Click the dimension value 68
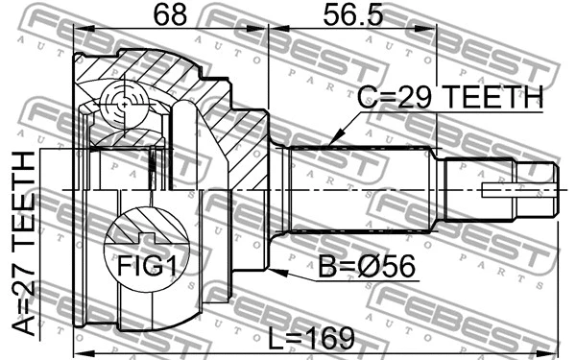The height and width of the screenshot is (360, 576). (x=169, y=14)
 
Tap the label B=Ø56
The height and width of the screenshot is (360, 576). (x=368, y=266)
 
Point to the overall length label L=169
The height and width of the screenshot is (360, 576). (x=309, y=338)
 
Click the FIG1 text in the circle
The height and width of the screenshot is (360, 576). (x=147, y=264)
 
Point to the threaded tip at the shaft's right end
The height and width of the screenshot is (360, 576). (x=540, y=189)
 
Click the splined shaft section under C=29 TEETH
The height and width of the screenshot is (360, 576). (x=360, y=189)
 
